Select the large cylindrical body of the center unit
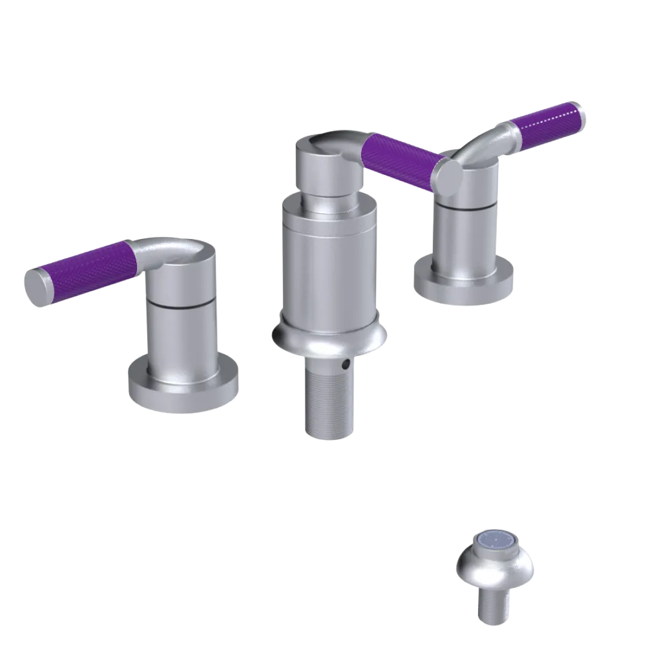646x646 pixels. tap(329, 265)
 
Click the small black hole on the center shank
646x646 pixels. tap(348, 365)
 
